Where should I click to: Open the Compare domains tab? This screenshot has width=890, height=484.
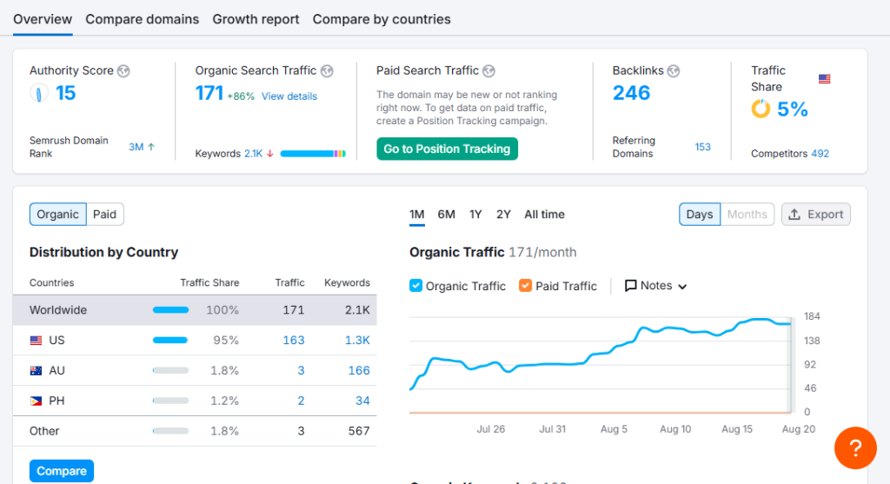point(142,19)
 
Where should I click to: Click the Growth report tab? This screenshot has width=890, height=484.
point(256,19)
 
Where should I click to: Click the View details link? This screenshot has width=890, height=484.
point(289,96)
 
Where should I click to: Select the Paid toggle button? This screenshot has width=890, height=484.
point(105,215)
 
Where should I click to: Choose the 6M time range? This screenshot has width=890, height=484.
point(446,215)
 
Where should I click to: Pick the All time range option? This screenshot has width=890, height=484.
point(544,215)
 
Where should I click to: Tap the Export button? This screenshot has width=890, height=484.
point(815,215)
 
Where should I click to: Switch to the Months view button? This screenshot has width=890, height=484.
point(747,215)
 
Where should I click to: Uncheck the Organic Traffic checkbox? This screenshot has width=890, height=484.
point(416,285)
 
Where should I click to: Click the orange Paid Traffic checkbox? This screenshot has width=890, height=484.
point(526,285)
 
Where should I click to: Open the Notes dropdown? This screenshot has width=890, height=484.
point(655,285)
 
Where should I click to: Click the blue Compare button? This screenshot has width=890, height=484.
point(62,471)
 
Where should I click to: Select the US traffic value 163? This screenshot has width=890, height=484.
point(294,341)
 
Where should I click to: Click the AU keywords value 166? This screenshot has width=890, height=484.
point(359,370)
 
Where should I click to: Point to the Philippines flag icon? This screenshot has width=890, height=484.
point(36,401)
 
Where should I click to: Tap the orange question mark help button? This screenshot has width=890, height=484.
point(855,448)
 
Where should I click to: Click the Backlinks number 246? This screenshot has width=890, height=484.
point(631,92)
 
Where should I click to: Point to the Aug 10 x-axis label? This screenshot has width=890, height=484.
point(675,429)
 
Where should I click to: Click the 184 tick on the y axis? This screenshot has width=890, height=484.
point(813,316)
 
